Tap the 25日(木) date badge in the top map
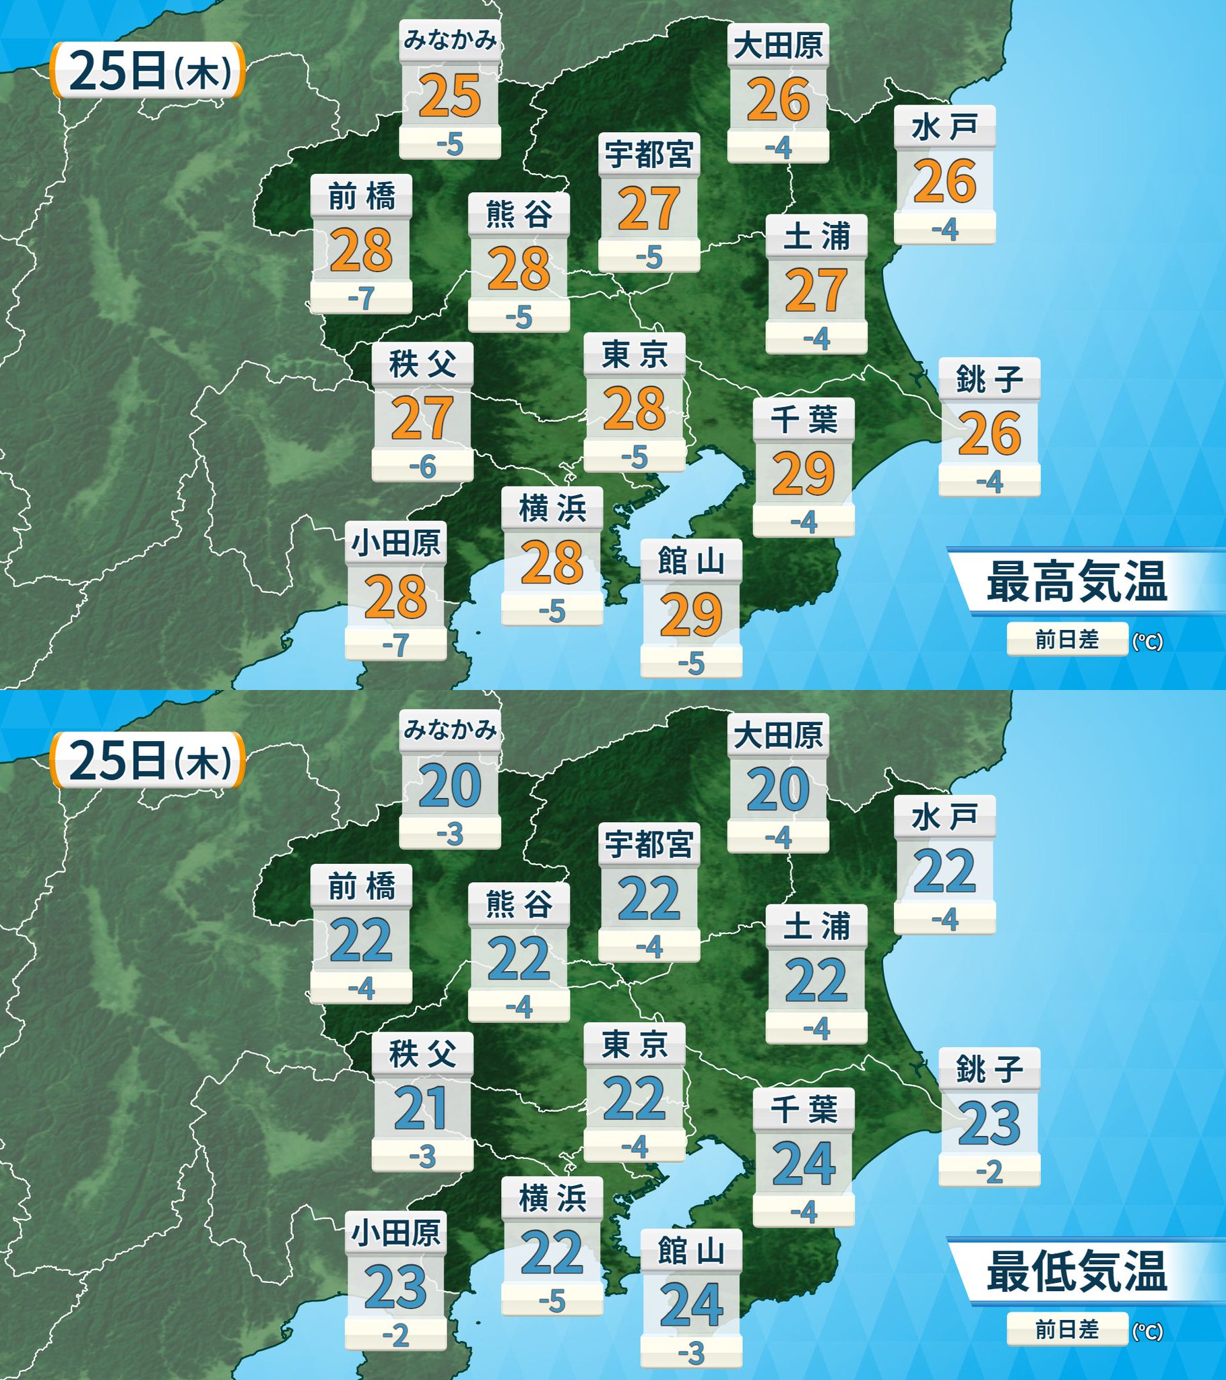[x=148, y=71]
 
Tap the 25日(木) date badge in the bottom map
[x=148, y=761]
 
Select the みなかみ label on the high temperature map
[x=449, y=40]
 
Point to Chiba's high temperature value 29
[x=804, y=474]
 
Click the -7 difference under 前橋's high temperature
[x=361, y=298]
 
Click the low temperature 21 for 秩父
[x=422, y=1108]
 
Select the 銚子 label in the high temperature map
[x=989, y=381]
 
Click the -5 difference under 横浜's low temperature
[x=552, y=1302]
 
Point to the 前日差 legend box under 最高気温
[x=1066, y=639]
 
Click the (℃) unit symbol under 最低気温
[x=1147, y=1329]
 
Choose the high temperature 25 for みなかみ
[x=449, y=96]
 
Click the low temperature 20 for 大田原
[x=778, y=788]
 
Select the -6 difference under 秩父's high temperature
[x=422, y=466]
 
